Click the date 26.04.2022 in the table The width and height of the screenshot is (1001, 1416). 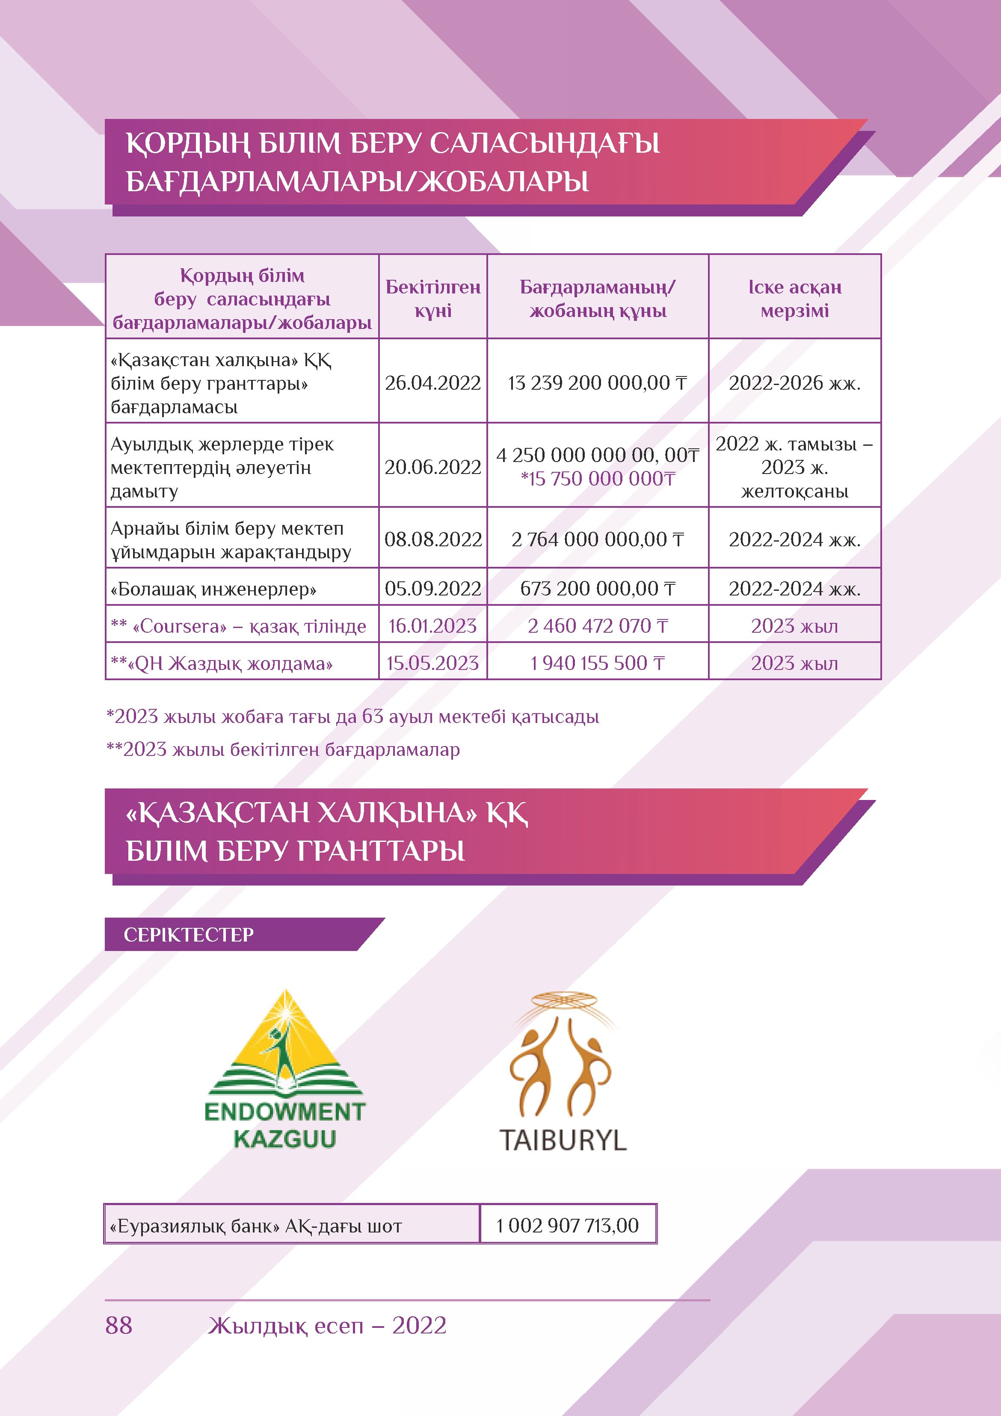tap(432, 383)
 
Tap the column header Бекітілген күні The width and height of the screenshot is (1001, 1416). tap(432, 299)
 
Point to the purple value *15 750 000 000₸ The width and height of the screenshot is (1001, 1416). tap(598, 479)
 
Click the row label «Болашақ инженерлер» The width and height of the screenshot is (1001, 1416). tap(213, 589)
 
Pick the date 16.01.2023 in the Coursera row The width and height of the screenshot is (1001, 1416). tap(432, 626)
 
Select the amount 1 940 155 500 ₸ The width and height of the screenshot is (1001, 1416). tap(597, 663)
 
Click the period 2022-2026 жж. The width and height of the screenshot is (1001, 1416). tap(794, 383)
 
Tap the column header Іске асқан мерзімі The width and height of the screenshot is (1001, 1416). tap(794, 299)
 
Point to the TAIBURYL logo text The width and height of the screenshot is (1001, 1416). tap(563, 1140)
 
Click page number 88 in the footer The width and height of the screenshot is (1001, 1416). tap(119, 1325)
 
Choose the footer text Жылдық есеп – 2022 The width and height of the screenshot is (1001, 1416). tap(327, 1325)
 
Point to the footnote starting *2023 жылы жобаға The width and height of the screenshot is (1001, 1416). tap(352, 717)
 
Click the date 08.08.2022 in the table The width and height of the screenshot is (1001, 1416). tap(432, 539)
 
